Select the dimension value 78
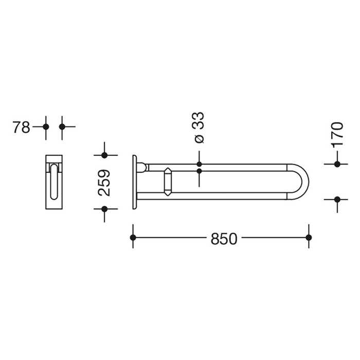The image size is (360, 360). [22, 127]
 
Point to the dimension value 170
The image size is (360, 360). [337, 134]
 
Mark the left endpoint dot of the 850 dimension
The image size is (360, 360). [133, 237]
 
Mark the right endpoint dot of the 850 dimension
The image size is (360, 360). [309, 237]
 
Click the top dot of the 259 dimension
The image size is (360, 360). [105, 155]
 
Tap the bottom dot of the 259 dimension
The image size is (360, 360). [105, 209]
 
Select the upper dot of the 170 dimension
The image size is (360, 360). [337, 164]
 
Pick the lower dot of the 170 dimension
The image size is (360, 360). [337, 199]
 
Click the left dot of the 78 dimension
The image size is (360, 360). [46, 126]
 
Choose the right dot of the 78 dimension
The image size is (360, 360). [62, 126]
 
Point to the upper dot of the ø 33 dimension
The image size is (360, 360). [200, 164]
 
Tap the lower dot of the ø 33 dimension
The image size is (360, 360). [200, 170]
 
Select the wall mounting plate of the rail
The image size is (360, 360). [135, 182]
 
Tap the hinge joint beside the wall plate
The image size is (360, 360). [144, 167]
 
